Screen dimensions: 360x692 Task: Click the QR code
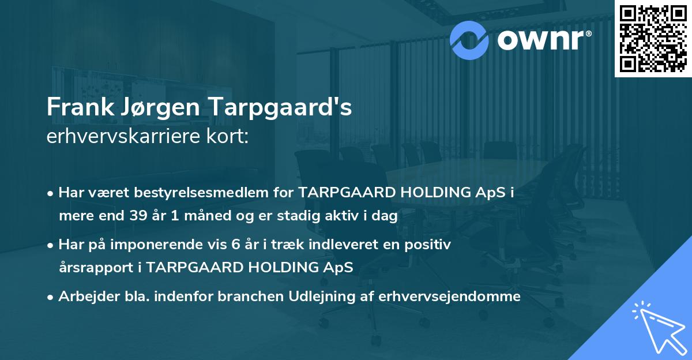click(653, 39)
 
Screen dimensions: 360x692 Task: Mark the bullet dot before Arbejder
click(51, 297)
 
